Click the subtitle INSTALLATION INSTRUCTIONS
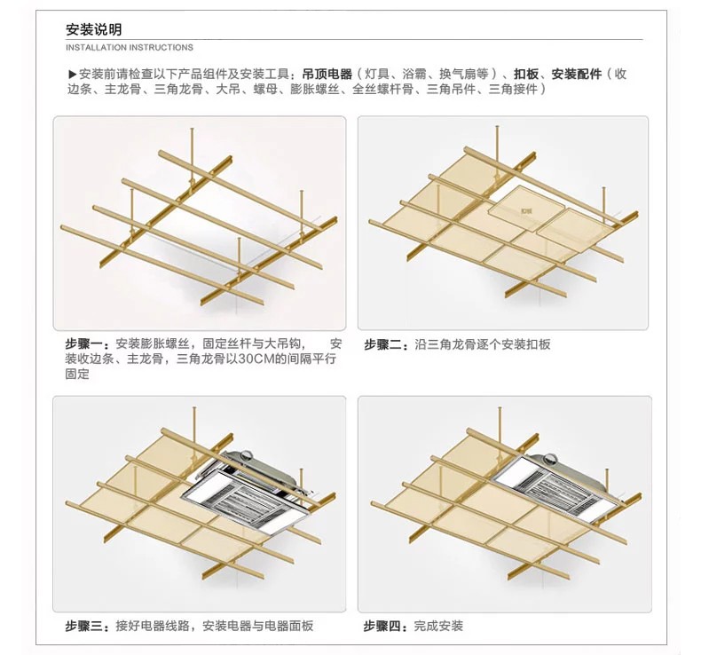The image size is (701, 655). click(x=130, y=47)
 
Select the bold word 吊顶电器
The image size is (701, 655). click(x=327, y=75)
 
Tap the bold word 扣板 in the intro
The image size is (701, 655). click(x=526, y=75)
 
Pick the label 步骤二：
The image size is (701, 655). click(x=388, y=343)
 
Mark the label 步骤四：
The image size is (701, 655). click(x=388, y=626)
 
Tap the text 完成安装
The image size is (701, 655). click(x=439, y=626)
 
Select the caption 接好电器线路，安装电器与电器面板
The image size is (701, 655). click(x=214, y=626)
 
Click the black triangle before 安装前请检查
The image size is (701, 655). click(x=73, y=75)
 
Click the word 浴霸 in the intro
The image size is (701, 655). click(x=414, y=75)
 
